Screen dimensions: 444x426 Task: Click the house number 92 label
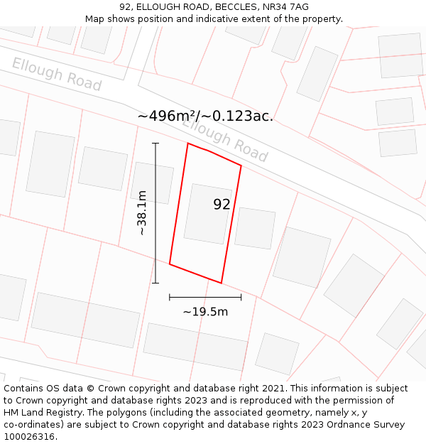coord(222,205)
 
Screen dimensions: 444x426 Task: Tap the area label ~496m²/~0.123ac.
coord(205,116)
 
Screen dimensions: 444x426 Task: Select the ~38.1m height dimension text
coord(142,212)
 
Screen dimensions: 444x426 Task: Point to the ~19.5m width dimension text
coord(205,312)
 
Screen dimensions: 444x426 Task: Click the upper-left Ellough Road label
coord(57,75)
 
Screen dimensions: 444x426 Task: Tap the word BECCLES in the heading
coord(215,7)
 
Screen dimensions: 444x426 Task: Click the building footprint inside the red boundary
coord(207,213)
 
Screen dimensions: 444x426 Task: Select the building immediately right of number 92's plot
coord(255,228)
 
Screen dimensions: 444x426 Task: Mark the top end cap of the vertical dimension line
coord(155,144)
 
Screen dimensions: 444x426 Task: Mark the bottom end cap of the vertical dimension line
coord(155,283)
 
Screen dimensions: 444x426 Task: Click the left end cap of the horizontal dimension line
coord(170,297)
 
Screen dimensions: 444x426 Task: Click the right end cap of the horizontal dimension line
coord(241,297)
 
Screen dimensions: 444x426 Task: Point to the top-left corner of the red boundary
coord(188,144)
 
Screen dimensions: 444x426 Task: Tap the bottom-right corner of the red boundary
coord(222,283)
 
